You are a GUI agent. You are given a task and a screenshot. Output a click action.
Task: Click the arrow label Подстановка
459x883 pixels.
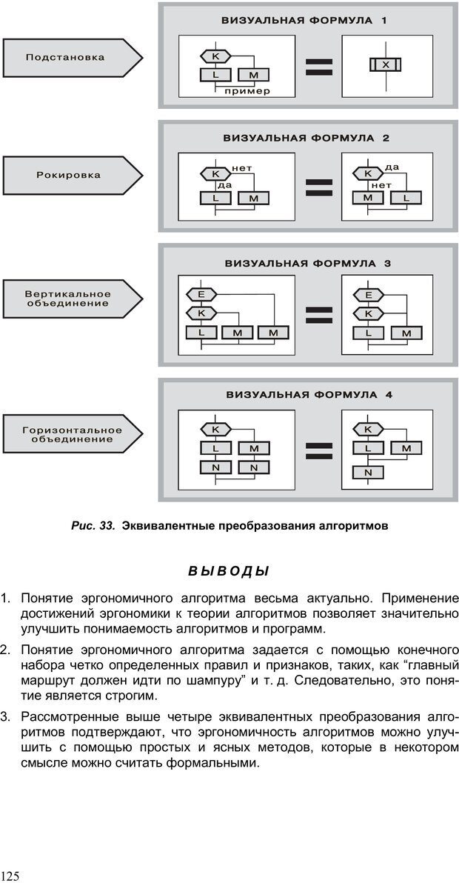click(65, 57)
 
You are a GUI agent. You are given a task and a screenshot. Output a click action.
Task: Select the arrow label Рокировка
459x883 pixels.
click(68, 176)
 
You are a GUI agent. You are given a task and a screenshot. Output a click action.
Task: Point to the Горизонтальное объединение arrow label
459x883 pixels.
click(72, 434)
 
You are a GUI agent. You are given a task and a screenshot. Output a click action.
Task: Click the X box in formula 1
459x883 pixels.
click(385, 64)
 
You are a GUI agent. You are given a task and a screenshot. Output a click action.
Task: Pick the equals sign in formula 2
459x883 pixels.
click(318, 187)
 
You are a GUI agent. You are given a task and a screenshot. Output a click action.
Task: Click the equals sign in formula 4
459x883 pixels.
click(318, 451)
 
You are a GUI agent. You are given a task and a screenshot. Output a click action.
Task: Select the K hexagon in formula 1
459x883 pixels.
click(215, 56)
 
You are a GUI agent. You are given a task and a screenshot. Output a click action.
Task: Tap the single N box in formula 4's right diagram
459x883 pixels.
click(368, 472)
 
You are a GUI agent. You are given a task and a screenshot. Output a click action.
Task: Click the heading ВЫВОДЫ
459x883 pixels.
click(229, 571)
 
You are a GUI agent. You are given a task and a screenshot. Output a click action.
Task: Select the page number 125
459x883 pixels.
click(10, 876)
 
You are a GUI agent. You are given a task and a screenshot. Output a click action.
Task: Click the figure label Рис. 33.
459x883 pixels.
click(93, 526)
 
